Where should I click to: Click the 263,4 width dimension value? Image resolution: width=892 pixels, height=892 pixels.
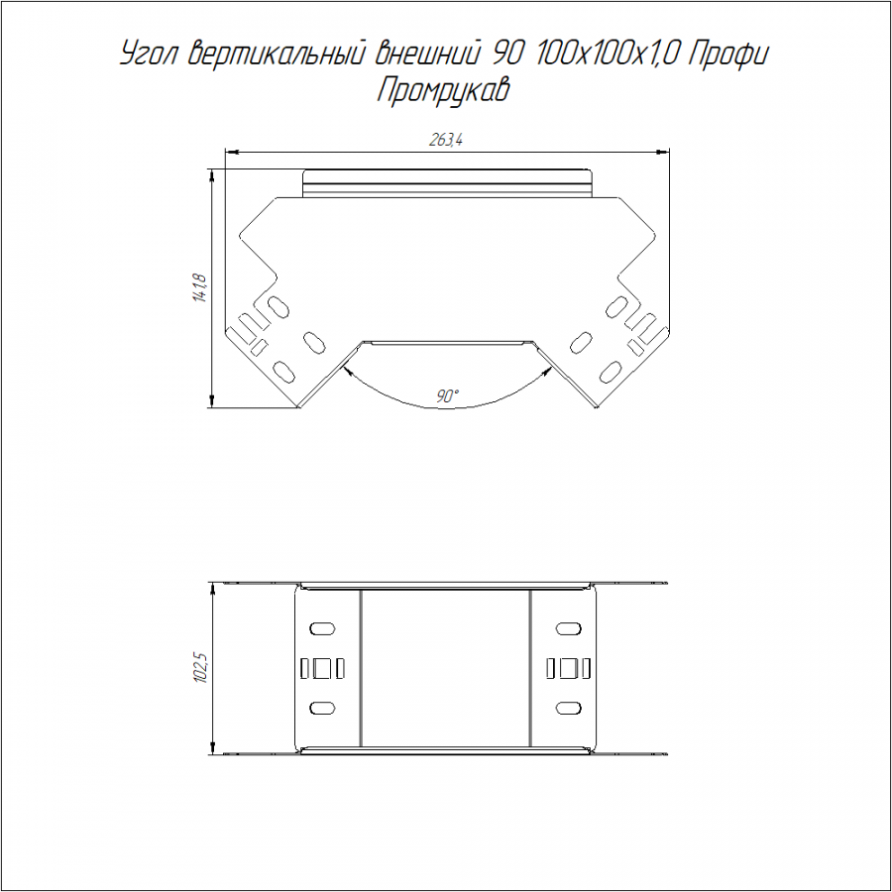[445, 140]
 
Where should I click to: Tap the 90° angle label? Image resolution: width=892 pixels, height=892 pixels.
[448, 395]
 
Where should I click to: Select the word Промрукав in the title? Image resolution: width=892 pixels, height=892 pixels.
[443, 90]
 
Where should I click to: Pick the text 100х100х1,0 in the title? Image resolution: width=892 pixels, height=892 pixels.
[605, 55]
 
